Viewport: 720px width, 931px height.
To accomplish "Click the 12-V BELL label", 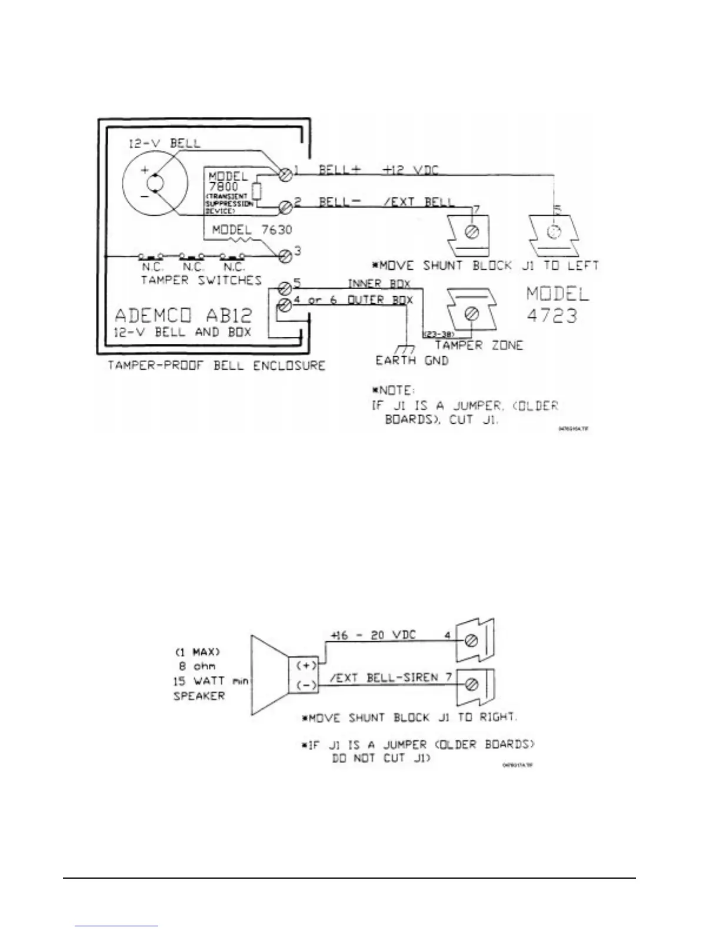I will [x=165, y=143].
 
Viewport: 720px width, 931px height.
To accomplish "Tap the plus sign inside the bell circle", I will [x=144, y=170].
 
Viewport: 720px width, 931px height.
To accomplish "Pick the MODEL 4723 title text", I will [x=556, y=304].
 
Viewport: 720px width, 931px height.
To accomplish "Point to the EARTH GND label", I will [x=412, y=360].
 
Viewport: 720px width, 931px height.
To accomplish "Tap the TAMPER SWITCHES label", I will [x=201, y=280].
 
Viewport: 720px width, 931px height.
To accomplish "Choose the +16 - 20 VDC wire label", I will [x=373, y=635].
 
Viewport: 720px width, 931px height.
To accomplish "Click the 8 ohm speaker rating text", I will [x=197, y=667].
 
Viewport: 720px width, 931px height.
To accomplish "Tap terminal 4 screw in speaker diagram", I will [x=471, y=642].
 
